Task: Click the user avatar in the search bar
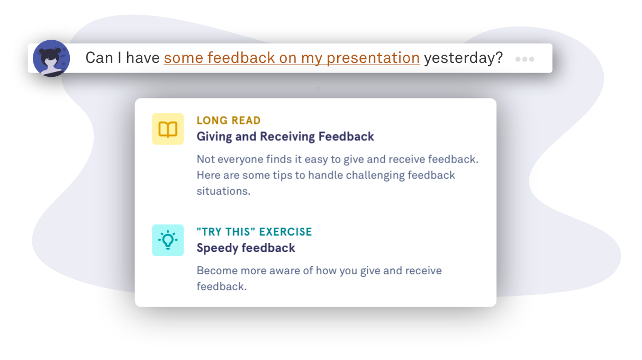[51, 58]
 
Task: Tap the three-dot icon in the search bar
[525, 59]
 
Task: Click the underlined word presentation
[373, 58]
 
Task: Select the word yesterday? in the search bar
[464, 58]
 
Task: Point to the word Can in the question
[99, 58]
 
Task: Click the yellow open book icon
[168, 129]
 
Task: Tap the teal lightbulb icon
[168, 240]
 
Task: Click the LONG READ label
[229, 120]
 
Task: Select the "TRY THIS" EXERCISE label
[254, 231]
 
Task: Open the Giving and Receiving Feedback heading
[285, 137]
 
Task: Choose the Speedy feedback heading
[246, 248]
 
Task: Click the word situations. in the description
[223, 191]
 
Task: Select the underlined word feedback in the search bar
[241, 58]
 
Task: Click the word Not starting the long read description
[205, 159]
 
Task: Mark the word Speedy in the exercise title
[217, 248]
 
